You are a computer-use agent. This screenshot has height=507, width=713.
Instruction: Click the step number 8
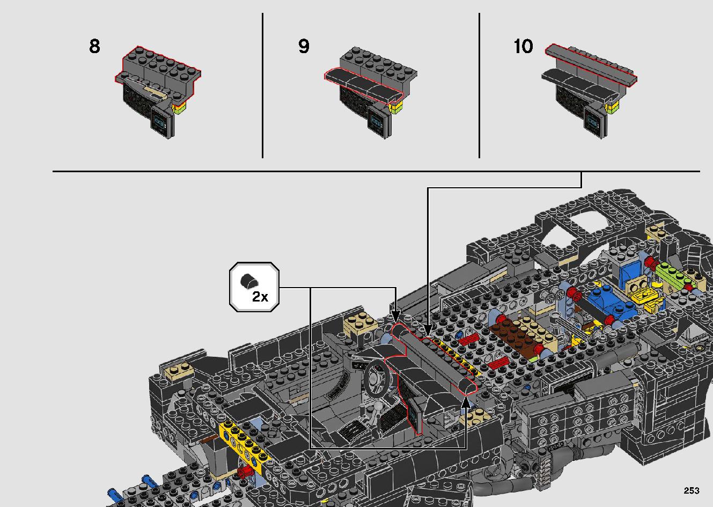click(94, 47)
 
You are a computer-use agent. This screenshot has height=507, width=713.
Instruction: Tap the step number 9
click(304, 47)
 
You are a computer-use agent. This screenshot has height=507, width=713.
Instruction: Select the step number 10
click(523, 47)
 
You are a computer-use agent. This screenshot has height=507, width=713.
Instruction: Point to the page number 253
click(692, 490)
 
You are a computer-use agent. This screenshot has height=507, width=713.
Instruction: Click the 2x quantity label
click(260, 296)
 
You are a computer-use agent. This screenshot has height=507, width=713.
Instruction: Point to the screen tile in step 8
click(162, 122)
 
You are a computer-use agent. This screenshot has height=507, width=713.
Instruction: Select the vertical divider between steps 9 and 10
click(479, 86)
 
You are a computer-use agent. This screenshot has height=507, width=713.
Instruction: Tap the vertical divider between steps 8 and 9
click(262, 86)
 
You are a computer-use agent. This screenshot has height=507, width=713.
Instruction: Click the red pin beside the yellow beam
click(247, 472)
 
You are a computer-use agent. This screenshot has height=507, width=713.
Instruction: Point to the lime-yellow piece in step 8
click(180, 108)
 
